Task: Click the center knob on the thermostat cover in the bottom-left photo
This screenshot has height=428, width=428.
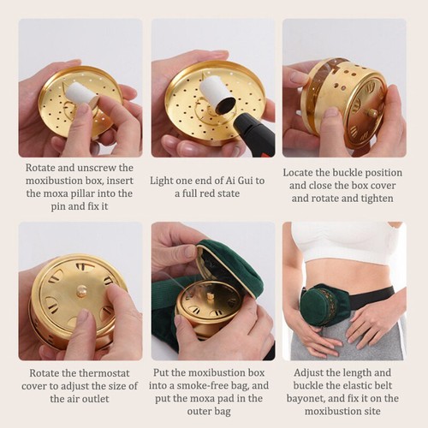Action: click(82, 291)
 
